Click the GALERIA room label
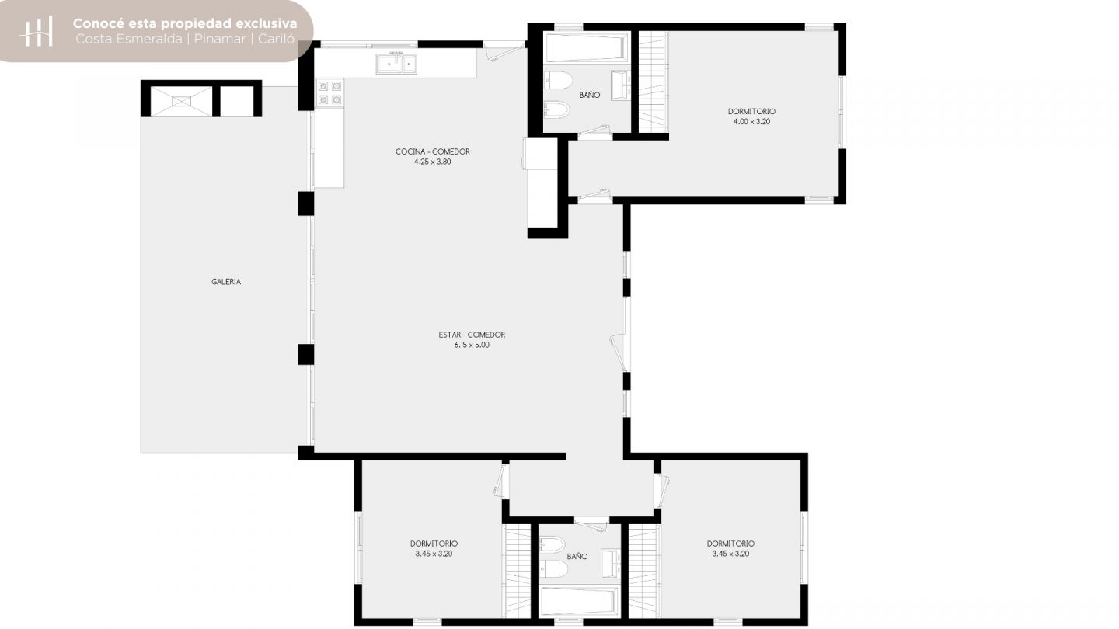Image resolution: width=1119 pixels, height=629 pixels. (226, 282)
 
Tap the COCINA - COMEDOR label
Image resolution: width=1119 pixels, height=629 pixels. (433, 151)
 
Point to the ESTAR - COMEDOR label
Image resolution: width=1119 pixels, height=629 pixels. (472, 335)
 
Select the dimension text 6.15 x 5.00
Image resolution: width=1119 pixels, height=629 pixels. (472, 345)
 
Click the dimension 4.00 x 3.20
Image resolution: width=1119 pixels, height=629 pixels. (751, 122)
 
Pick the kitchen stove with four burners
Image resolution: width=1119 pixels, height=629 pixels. (329, 93)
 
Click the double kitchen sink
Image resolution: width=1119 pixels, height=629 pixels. (396, 64)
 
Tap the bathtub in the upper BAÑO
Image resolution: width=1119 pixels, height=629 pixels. (585, 48)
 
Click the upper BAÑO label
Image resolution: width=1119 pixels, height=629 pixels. (590, 95)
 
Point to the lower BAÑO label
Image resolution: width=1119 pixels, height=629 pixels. (577, 556)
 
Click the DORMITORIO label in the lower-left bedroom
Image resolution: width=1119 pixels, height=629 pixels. (434, 544)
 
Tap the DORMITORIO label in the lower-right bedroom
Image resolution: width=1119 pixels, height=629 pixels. (730, 544)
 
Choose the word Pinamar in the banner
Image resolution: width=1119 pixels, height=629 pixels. (220, 39)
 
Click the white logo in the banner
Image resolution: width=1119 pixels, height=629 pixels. (36, 31)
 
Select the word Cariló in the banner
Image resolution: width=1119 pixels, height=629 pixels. (277, 39)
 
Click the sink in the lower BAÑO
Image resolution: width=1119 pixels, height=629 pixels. (611, 564)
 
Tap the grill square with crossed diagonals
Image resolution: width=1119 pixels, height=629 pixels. (181, 102)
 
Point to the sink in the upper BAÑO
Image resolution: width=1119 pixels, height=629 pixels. (621, 85)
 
